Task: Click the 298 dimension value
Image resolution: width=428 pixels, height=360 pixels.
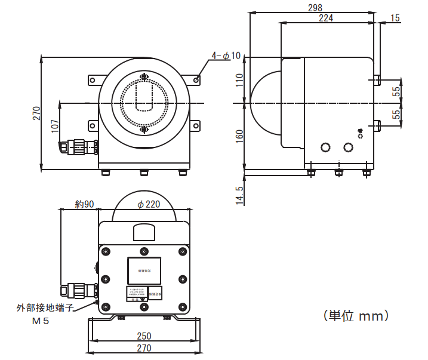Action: pyautogui.click(x=315, y=8)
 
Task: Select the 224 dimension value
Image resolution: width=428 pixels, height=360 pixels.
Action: pyautogui.click(x=325, y=18)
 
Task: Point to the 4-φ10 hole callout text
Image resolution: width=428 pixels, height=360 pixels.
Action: pyautogui.click(x=226, y=56)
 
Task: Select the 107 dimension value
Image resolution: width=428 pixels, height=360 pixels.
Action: pyautogui.click(x=55, y=126)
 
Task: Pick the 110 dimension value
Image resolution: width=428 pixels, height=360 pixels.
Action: pyautogui.click(x=239, y=81)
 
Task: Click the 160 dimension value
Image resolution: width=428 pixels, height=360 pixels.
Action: pyautogui.click(x=239, y=136)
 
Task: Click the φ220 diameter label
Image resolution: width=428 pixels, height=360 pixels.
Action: pyautogui.click(x=149, y=204)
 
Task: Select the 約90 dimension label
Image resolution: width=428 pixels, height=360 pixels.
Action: pyautogui.click(x=85, y=204)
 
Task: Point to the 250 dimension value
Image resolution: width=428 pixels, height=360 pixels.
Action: pyautogui.click(x=144, y=336)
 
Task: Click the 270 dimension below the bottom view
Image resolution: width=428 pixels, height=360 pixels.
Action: pyautogui.click(x=144, y=348)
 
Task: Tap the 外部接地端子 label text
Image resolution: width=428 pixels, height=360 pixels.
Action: pyautogui.click(x=45, y=308)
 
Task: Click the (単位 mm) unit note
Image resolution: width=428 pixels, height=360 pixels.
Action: pyautogui.click(x=356, y=315)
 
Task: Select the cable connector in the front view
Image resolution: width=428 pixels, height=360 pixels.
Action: pyautogui.click(x=78, y=146)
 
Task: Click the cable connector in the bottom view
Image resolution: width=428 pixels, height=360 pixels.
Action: pyautogui.click(x=79, y=290)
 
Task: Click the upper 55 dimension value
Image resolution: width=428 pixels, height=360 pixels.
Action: pyautogui.click(x=396, y=91)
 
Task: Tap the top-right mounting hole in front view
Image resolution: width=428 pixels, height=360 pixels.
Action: pyautogui.click(x=196, y=79)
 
